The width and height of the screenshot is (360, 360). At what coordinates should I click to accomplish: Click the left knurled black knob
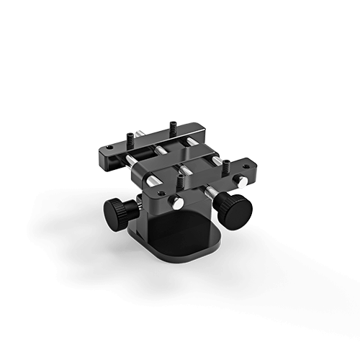click(x=116, y=212)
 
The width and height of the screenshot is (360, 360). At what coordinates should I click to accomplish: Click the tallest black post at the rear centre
click(x=173, y=127)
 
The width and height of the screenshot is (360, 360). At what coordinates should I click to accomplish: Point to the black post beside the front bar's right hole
click(x=225, y=166)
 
